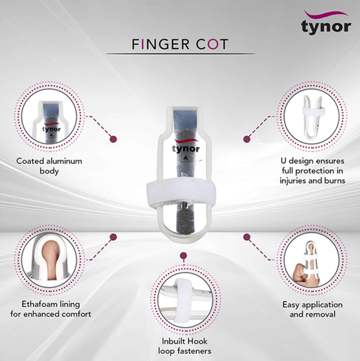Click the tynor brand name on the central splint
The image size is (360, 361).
click(186, 148)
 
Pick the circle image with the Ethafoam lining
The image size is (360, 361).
click(49, 260)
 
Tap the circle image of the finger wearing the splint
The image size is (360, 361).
click(312, 260)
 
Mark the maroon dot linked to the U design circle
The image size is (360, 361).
click(247, 139)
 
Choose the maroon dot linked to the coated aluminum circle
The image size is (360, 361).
click(113, 139)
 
